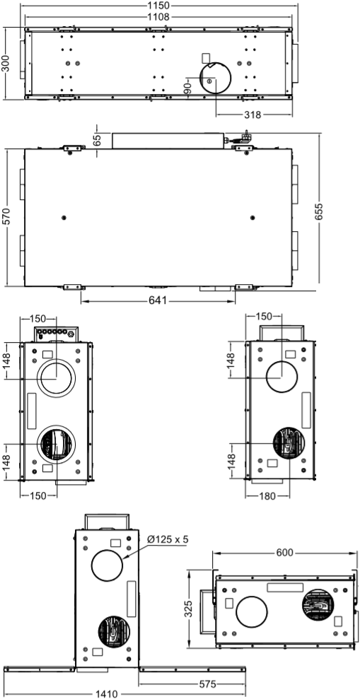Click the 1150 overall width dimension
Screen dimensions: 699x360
[159, 6]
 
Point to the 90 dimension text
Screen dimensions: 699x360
[188, 87]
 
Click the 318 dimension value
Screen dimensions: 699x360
[252, 114]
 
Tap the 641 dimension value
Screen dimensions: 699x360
[158, 301]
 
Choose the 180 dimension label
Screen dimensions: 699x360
[267, 495]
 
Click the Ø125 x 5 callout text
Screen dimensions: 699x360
[169, 541]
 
